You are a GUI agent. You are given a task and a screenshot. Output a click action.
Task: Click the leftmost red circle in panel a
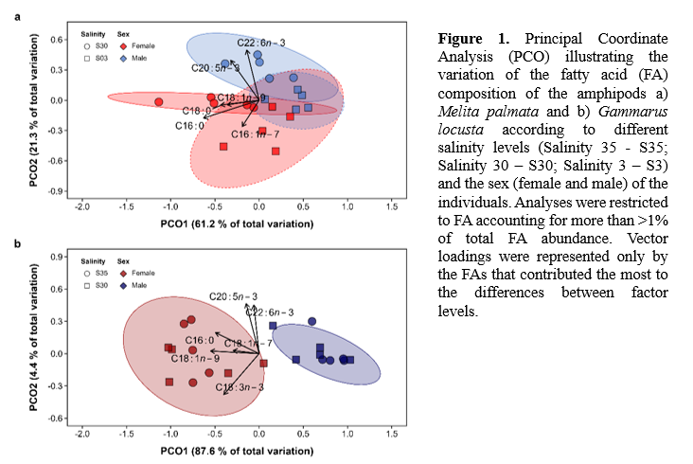point(159,101)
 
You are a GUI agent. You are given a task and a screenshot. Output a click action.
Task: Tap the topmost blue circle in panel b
point(311,321)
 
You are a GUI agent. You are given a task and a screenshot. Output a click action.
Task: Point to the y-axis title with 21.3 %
point(32,112)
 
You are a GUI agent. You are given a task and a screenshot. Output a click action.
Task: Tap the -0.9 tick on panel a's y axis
point(56,191)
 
